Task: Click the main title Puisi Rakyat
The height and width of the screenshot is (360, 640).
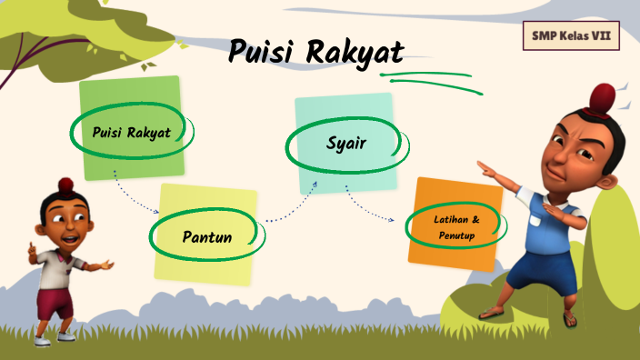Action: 315,51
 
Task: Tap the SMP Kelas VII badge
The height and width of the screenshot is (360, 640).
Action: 571,36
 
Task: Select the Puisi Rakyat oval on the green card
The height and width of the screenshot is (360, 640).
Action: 132,133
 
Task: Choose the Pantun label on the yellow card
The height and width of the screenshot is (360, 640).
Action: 207,237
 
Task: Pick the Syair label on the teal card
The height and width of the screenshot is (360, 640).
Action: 346,143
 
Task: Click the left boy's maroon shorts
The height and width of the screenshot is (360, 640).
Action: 56,300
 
